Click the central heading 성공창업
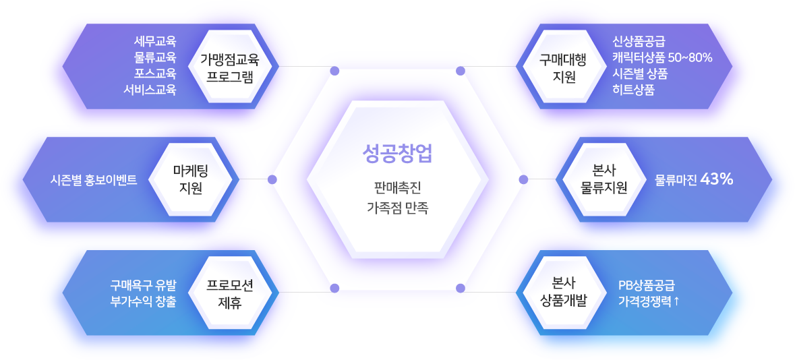tap(396, 154)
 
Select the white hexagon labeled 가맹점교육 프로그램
tap(229, 67)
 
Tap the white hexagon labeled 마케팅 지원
tap(192, 179)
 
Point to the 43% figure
tap(717, 179)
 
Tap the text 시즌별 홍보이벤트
tap(94, 180)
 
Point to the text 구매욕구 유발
tap(144, 285)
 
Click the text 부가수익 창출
tap(144, 301)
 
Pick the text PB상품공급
tap(647, 285)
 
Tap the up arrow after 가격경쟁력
tap(676, 301)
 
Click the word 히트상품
tap(633, 89)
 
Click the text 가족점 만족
tap(396, 208)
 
